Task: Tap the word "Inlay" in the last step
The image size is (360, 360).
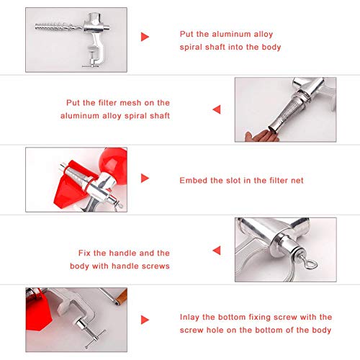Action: click(191, 317)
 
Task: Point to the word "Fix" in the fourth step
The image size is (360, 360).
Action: click(86, 253)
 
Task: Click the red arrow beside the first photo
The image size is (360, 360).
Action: click(145, 35)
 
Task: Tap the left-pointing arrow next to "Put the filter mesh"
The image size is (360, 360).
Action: click(215, 109)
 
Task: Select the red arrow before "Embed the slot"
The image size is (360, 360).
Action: click(145, 179)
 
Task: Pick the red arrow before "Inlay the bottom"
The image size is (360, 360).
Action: click(145, 319)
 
